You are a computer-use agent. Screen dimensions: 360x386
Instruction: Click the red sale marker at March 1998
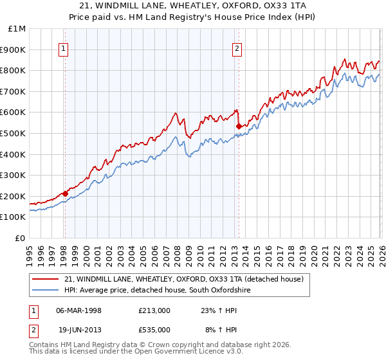coord(65,193)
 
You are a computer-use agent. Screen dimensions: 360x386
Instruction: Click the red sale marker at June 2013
coord(239,126)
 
